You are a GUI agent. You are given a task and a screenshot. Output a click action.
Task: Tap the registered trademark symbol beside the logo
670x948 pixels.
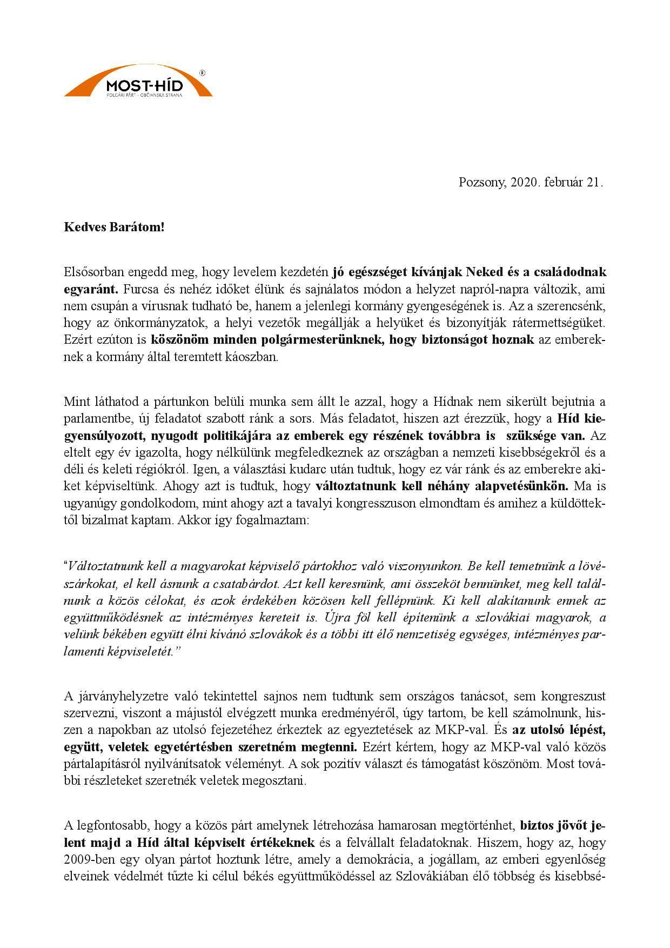tap(202, 72)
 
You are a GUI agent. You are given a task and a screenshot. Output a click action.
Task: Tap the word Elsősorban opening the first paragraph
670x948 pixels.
tap(95, 271)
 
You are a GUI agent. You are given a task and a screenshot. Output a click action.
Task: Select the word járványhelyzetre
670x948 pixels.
tap(113, 696)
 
